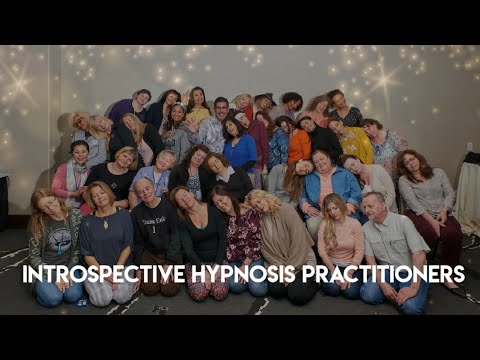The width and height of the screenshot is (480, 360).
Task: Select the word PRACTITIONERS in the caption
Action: click(x=383, y=274)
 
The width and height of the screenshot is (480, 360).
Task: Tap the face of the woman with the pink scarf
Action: click(x=80, y=153)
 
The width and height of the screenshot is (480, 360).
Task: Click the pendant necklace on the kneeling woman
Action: click(x=105, y=223)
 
